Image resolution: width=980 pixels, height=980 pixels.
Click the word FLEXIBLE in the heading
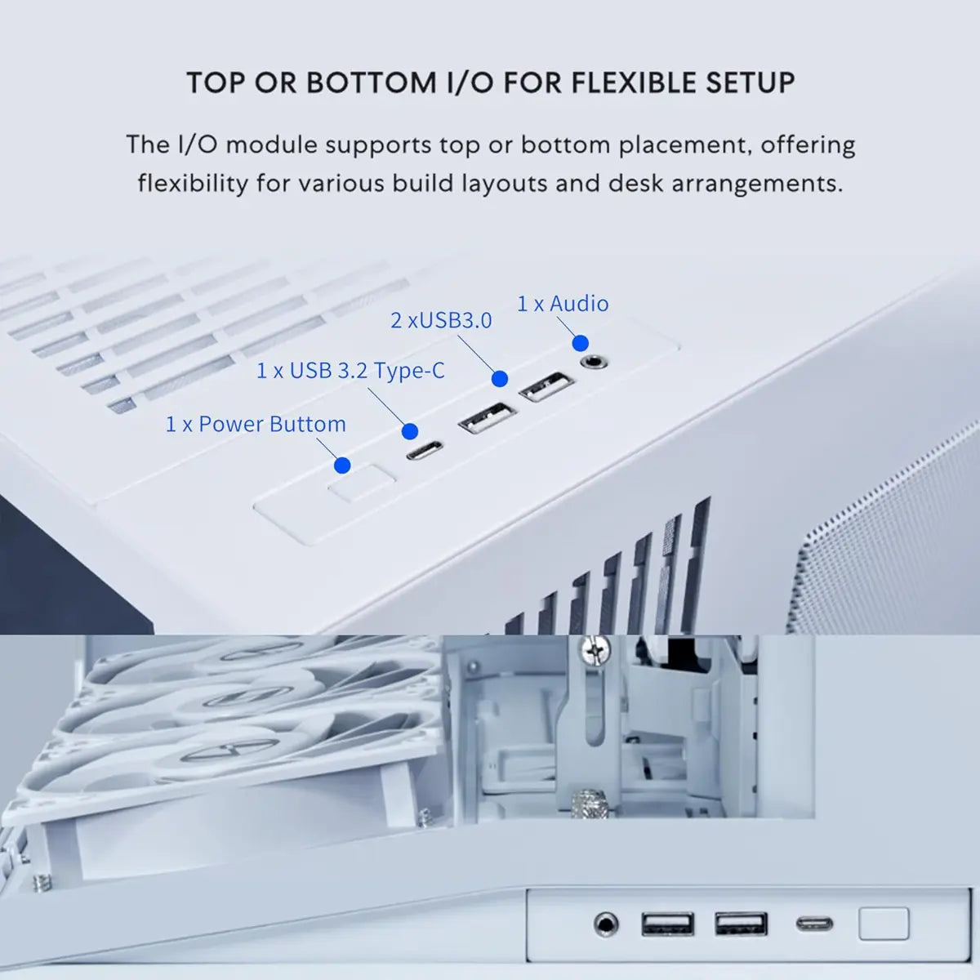click(x=634, y=83)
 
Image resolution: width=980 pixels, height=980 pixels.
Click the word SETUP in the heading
click(x=750, y=83)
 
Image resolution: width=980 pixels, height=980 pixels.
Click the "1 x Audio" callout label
click(x=563, y=304)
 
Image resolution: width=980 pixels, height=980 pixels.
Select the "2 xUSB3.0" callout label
click(x=441, y=320)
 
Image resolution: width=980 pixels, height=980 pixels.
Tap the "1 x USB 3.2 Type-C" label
click(x=350, y=371)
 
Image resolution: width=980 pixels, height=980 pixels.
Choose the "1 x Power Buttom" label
click(x=256, y=425)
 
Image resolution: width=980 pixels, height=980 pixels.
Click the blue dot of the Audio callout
click(x=580, y=343)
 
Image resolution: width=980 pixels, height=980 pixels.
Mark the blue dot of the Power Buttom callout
click(x=342, y=465)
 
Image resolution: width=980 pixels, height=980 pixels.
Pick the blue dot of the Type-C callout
click(x=410, y=431)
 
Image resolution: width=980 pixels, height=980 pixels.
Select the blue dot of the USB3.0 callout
click(x=500, y=379)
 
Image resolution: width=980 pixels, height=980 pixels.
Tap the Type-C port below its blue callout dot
click(x=425, y=450)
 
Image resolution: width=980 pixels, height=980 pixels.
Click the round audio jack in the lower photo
click(x=605, y=924)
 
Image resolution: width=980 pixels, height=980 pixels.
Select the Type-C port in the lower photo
click(x=814, y=924)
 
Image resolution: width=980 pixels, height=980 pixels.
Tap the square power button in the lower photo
click(x=884, y=924)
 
